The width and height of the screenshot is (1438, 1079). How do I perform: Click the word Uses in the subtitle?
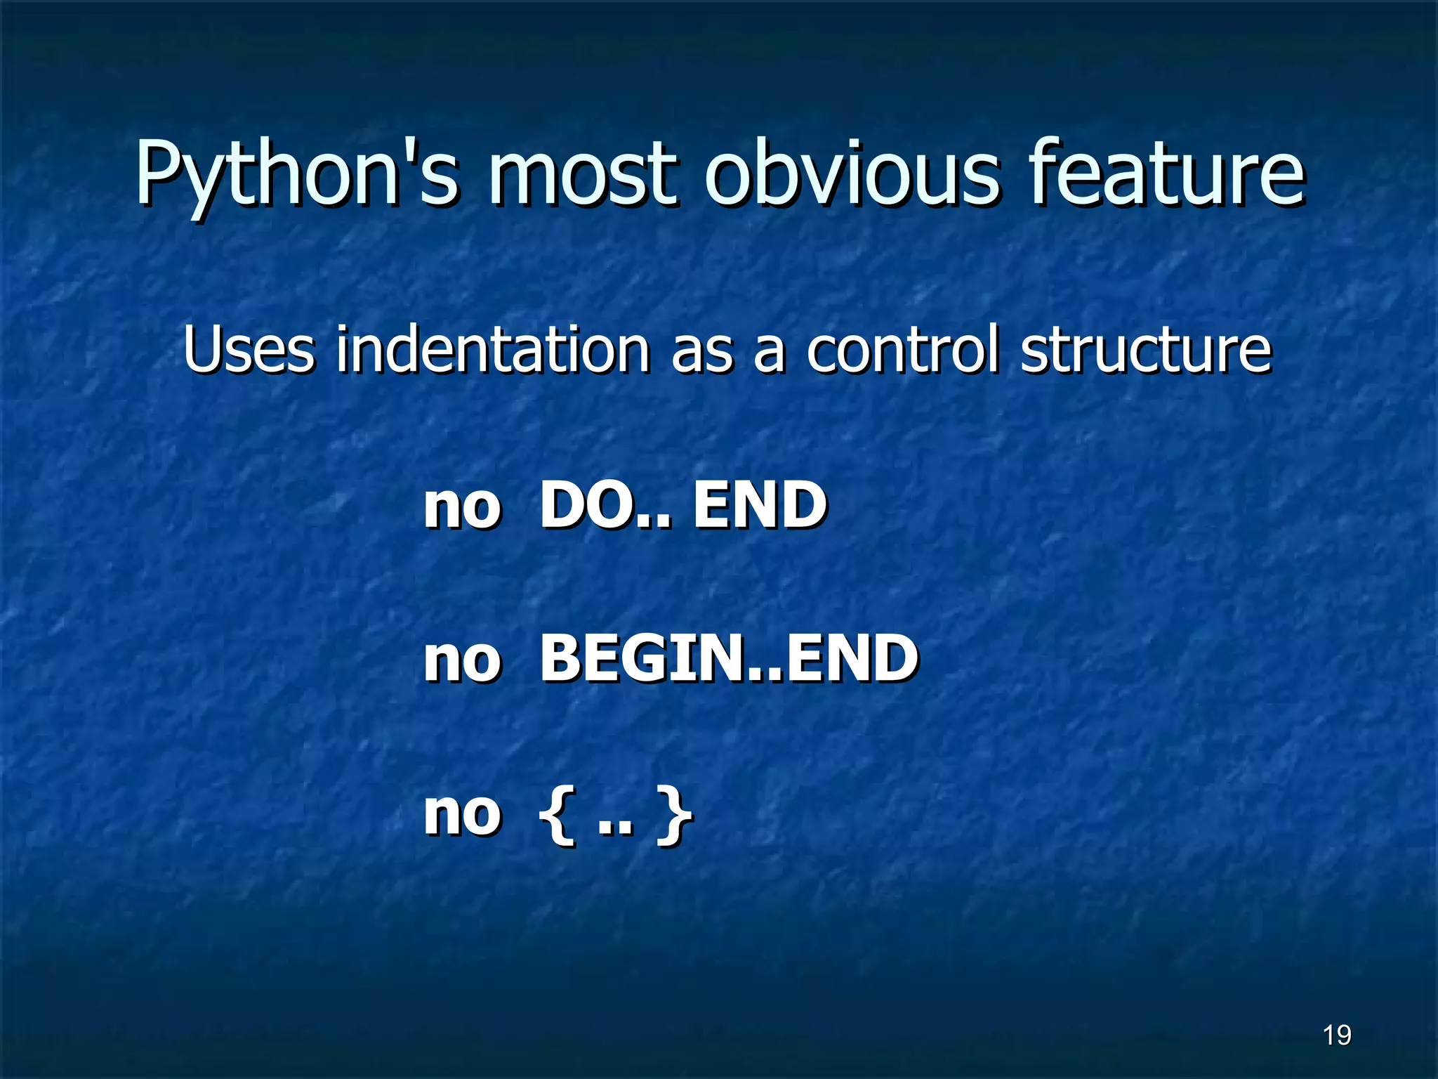coord(249,349)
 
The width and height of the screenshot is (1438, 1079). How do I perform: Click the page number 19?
coord(1336,1035)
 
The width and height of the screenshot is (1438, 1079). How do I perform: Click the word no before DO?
coord(462,507)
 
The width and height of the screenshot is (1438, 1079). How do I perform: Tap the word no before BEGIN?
coord(462,661)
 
